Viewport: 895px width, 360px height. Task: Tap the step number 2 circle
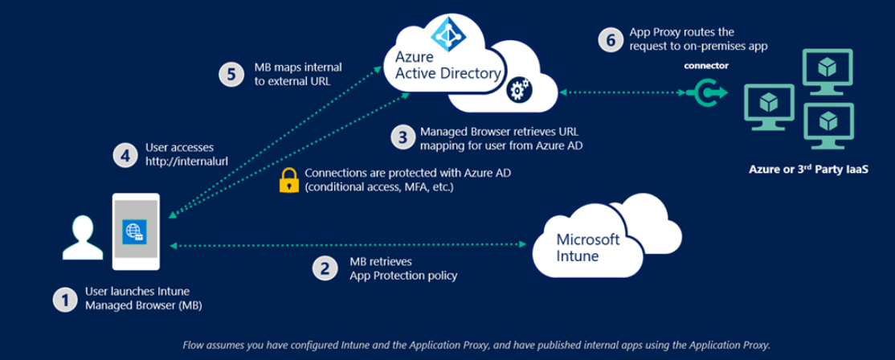click(x=325, y=268)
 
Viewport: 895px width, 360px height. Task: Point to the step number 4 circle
click(x=124, y=153)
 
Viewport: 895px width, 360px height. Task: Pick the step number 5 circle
click(x=231, y=74)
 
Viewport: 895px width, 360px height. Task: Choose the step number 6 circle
click(x=611, y=39)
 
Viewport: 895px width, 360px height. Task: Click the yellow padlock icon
click(x=288, y=179)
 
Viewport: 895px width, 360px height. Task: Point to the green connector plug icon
click(x=707, y=94)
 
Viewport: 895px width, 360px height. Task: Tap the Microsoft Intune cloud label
click(x=588, y=247)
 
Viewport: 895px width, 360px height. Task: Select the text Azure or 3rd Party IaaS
click(x=808, y=170)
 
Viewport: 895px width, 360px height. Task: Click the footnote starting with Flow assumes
click(x=476, y=344)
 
